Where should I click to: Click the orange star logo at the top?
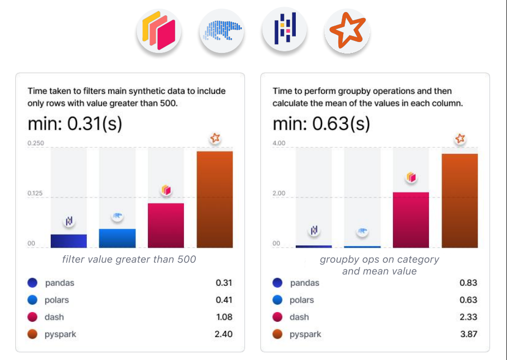(347, 31)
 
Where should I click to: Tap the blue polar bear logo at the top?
(222, 31)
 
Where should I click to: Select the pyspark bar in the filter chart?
(214, 199)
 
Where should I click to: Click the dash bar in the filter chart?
(166, 225)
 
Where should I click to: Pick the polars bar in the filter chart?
(117, 238)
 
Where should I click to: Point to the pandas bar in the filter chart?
(69, 241)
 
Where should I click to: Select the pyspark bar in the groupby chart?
(460, 201)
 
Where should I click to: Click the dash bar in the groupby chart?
(411, 220)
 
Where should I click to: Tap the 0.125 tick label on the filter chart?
(36, 194)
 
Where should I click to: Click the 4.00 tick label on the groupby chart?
(279, 143)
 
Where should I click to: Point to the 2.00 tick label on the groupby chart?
(279, 194)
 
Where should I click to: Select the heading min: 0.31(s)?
(75, 123)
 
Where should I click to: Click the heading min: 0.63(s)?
(321, 123)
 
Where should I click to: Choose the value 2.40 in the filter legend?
(224, 334)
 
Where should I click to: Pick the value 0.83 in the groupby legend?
(468, 283)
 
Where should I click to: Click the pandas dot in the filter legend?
(33, 283)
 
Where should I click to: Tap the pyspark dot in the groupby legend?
(278, 334)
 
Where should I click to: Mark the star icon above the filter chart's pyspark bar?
(215, 138)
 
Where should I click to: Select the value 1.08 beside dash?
(224, 317)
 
